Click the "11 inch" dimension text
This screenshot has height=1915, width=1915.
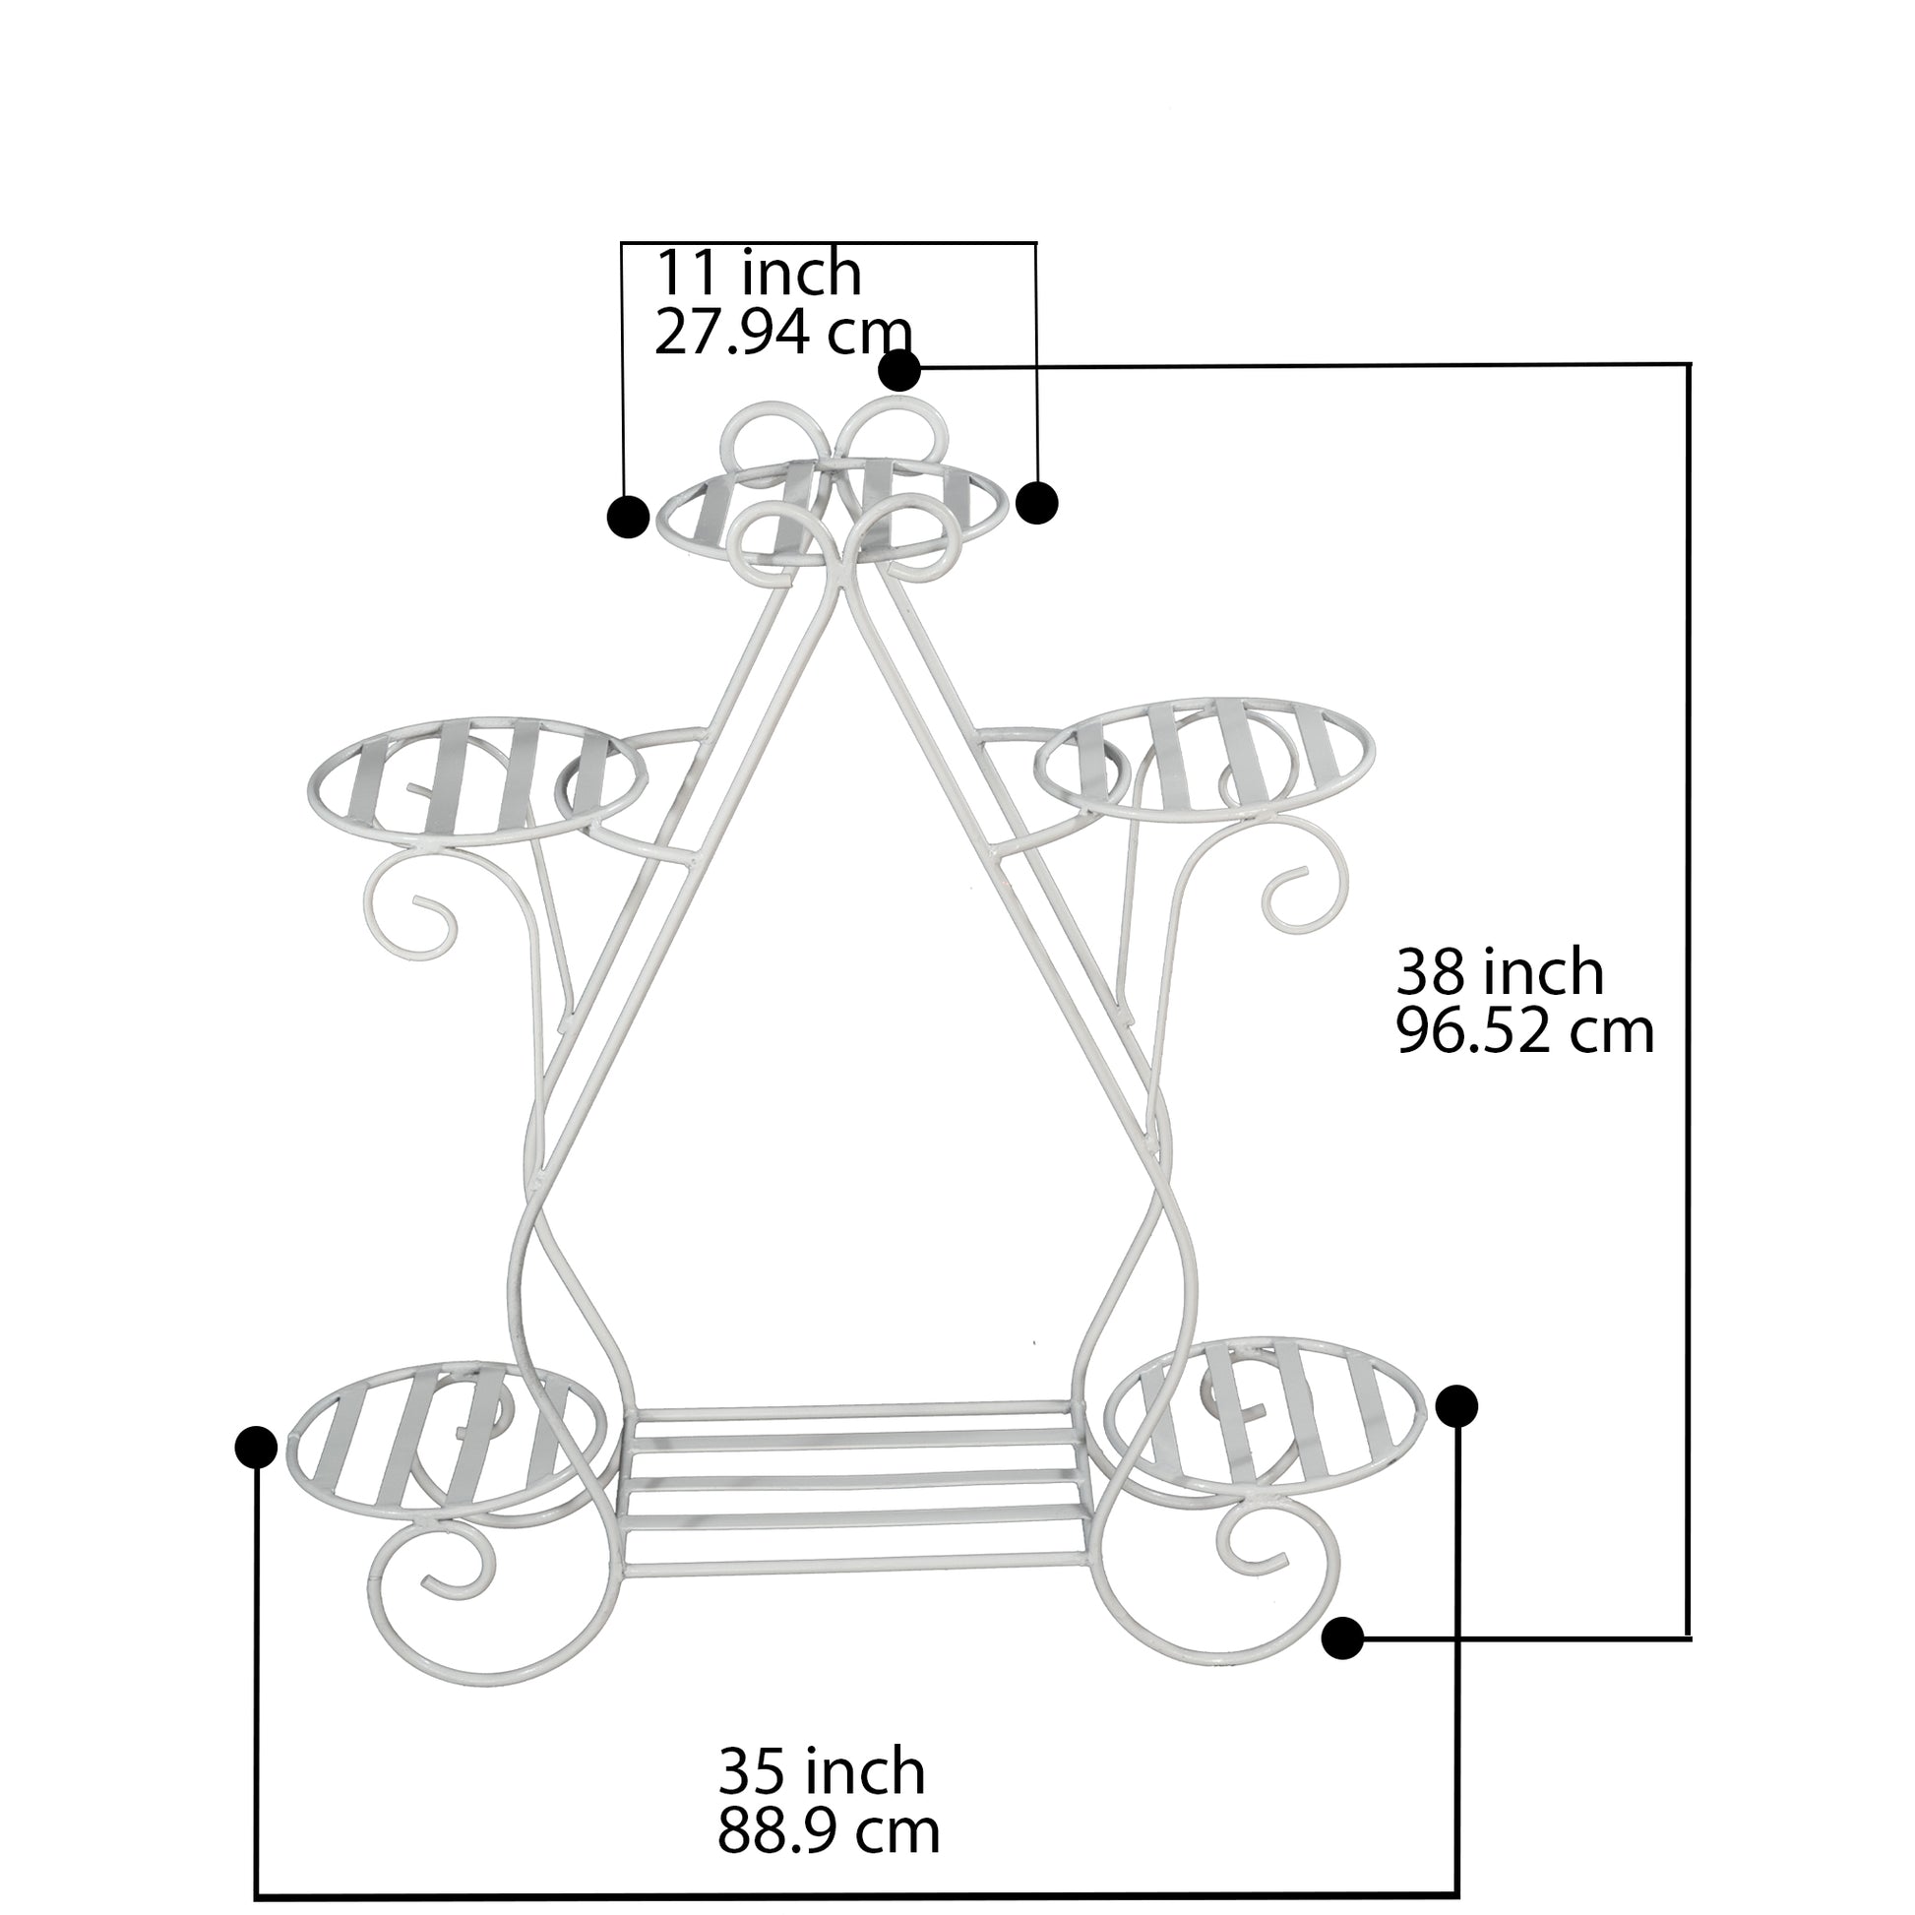[x=759, y=274]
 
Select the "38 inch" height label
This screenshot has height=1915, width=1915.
[x=1500, y=971]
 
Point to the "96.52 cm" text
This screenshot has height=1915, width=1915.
[x=1525, y=1031]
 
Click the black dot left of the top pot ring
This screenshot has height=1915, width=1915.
[x=628, y=517]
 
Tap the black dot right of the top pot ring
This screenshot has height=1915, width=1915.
[x=1038, y=503]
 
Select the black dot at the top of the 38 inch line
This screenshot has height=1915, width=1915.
[x=900, y=371]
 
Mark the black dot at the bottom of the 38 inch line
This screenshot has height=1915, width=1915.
[x=1343, y=1637]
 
